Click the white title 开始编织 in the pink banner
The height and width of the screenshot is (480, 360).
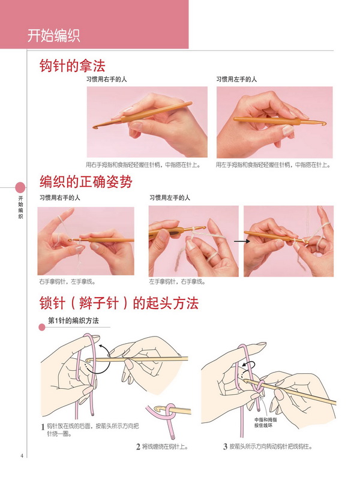click(x=53, y=35)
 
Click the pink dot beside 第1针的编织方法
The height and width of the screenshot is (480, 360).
click(x=42, y=326)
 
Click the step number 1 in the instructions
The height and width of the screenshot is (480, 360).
click(x=43, y=427)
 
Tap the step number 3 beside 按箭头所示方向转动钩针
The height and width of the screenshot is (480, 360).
click(x=224, y=446)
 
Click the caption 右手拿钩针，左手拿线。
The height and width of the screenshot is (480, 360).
click(x=67, y=281)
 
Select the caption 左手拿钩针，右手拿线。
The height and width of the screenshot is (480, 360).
click(x=177, y=281)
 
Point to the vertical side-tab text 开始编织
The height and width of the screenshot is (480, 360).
click(x=20, y=208)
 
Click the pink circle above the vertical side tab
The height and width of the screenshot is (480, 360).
click(x=20, y=187)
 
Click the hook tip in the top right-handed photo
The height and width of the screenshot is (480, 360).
click(x=94, y=127)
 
